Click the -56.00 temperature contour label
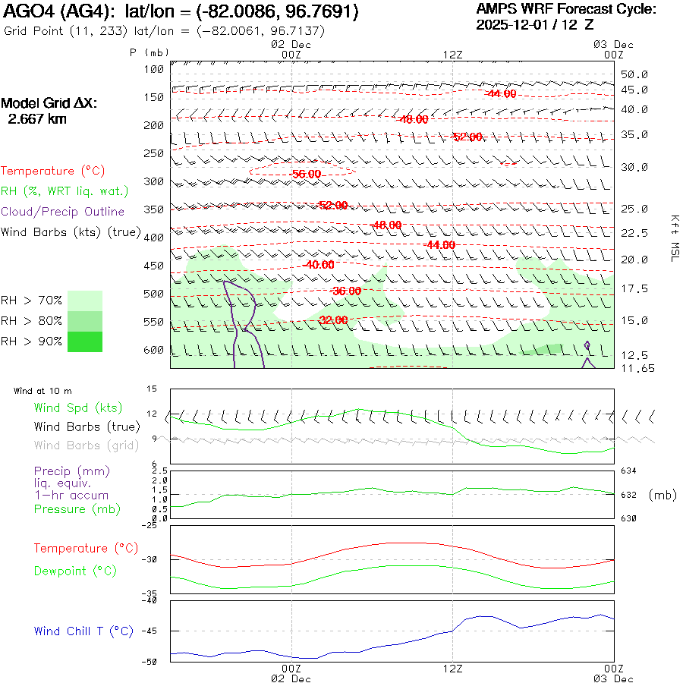tap(306, 174)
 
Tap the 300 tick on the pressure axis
tap(155, 181)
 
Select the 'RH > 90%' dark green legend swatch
tap(85, 341)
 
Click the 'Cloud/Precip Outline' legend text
tap(63, 211)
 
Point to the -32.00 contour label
tap(333, 320)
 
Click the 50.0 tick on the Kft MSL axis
tap(634, 74)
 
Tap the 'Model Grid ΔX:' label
tap(49, 103)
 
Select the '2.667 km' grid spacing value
tap(36, 119)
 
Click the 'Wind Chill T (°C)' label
tap(83, 631)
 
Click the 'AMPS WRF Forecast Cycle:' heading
tap(566, 9)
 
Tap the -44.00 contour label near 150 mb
tap(501, 94)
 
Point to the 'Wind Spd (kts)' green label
tap(78, 408)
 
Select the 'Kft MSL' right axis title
tap(673, 237)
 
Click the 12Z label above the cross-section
tap(452, 55)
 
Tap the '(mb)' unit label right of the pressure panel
tap(663, 495)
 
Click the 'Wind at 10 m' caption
tap(43, 391)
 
